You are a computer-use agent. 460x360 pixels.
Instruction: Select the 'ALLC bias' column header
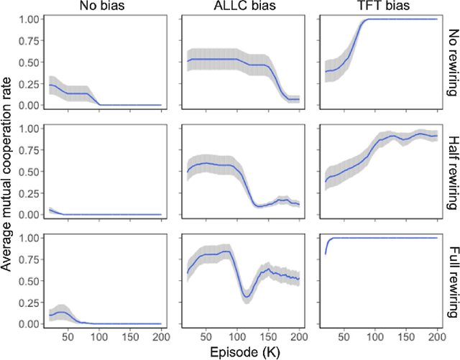[241, 7]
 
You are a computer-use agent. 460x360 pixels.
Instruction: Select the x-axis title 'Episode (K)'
[241, 352]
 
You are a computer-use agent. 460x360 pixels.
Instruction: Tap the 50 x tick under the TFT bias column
[345, 336]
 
